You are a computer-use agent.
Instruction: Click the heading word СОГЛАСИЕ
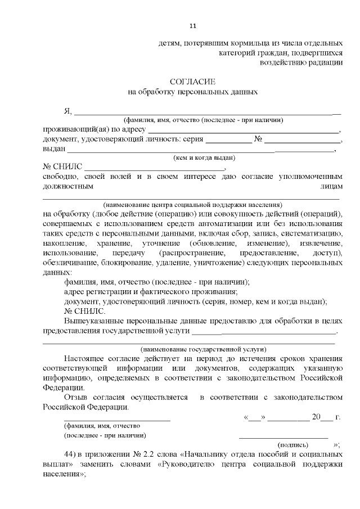(193, 81)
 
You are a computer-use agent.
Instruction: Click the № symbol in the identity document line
(259, 139)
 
